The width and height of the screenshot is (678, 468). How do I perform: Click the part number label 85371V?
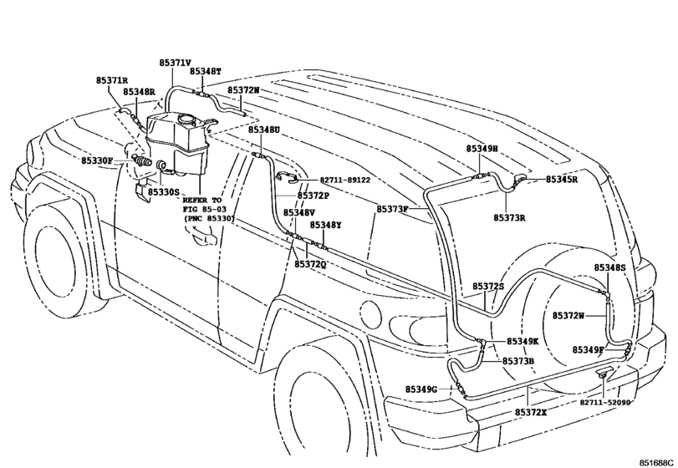(x=175, y=63)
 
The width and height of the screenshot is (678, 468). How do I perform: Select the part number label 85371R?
(x=111, y=80)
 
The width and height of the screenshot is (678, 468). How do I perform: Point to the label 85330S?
(x=164, y=192)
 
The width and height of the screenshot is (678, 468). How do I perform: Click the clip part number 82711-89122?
(x=344, y=181)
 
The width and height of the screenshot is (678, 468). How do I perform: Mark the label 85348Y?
(x=326, y=225)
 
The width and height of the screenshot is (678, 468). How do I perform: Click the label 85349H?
(x=482, y=148)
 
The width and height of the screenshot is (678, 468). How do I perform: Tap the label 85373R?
(x=509, y=217)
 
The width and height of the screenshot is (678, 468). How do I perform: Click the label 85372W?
(x=568, y=315)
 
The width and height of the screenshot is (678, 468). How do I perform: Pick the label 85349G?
(x=422, y=389)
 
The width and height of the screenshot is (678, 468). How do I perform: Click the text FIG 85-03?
(x=203, y=210)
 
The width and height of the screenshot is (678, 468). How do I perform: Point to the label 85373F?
(x=392, y=208)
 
